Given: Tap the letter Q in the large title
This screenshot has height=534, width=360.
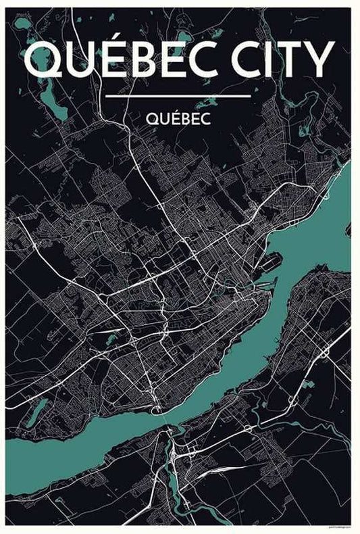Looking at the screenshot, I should coord(42,59).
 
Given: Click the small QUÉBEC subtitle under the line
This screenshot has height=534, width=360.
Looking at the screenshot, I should coord(178,118).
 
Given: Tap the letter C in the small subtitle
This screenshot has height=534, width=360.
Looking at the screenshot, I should coord(207,118).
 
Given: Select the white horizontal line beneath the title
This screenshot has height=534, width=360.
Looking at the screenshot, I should coord(178,96).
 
